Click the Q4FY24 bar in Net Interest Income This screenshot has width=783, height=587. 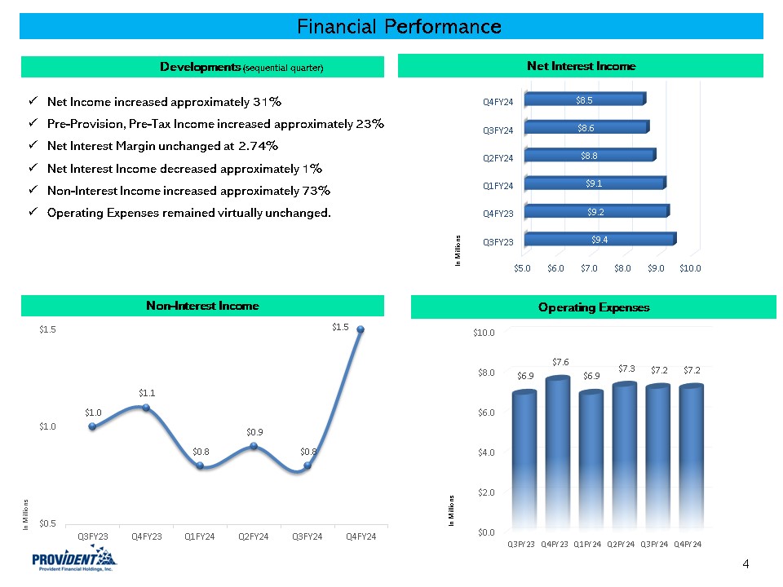click(x=584, y=99)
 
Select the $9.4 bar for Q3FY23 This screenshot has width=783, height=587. click(x=599, y=240)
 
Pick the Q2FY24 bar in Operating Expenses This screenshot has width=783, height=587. click(x=625, y=457)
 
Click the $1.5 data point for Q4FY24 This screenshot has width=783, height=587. click(x=361, y=329)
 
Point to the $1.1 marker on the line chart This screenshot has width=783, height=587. click(x=146, y=407)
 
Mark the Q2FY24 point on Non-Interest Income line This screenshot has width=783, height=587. click(x=254, y=446)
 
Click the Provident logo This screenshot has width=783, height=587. click(x=74, y=561)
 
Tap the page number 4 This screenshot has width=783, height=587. click(x=745, y=563)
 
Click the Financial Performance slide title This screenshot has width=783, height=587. click(x=399, y=27)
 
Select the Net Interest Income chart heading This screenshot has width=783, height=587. click(x=581, y=66)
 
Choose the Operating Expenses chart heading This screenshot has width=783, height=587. click(x=594, y=307)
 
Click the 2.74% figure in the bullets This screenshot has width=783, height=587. click(x=259, y=146)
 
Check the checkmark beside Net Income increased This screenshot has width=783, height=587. click(x=31, y=102)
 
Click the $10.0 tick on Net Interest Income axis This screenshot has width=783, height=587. click(x=690, y=267)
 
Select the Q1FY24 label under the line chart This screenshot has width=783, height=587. click(x=199, y=536)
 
